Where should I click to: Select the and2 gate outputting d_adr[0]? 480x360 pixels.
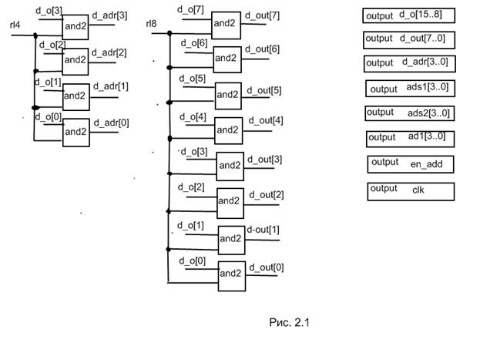click(x=76, y=131)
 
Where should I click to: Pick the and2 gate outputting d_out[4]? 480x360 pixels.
click(x=228, y=129)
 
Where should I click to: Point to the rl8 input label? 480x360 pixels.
click(x=153, y=25)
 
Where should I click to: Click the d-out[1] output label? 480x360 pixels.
click(x=263, y=230)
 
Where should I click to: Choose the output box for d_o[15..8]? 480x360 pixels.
click(x=409, y=15)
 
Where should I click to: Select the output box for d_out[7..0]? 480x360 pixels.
click(x=409, y=39)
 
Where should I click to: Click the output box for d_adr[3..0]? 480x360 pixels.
click(x=409, y=62)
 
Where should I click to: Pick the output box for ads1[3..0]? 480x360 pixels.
click(x=411, y=89)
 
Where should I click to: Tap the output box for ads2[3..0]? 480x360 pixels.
click(x=409, y=113)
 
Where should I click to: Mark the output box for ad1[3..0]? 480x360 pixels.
click(x=409, y=138)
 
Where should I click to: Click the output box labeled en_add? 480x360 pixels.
click(x=411, y=163)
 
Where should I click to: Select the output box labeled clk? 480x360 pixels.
click(x=411, y=190)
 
